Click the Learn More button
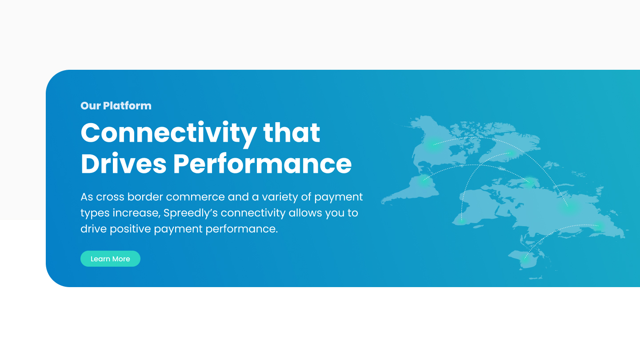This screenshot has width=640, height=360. (110, 259)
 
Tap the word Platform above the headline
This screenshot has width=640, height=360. (127, 106)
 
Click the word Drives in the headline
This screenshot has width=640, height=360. (124, 163)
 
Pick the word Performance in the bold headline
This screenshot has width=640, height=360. (262, 163)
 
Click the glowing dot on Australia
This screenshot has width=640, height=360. (525, 259)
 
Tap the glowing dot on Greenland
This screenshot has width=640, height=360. (511, 153)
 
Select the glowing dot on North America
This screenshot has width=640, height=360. (433, 144)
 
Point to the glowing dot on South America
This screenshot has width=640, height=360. (424, 180)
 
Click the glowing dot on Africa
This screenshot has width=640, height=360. (461, 220)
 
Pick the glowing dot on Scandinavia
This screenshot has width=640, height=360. (529, 182)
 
